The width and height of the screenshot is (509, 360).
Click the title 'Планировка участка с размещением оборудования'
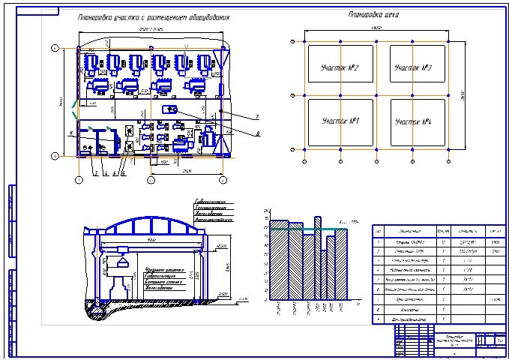154,17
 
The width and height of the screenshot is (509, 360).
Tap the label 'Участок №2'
340,68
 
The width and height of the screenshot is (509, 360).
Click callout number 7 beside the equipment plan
257,117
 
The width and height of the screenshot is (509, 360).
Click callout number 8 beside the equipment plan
257,134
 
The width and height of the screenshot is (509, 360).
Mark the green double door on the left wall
74,110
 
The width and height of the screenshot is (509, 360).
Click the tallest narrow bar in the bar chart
317,255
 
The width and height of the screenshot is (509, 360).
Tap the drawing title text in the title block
450,340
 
